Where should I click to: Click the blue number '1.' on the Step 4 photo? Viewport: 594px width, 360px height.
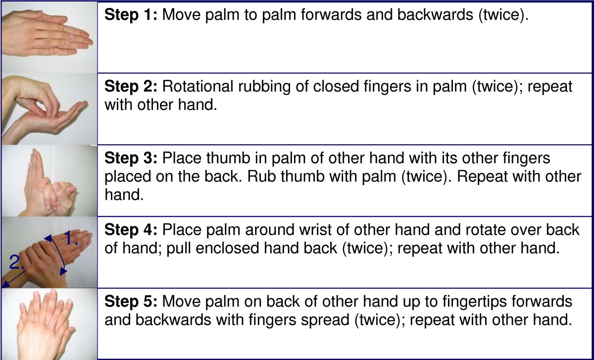click(x=72, y=240)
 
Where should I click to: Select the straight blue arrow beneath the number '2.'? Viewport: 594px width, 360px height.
click(x=13, y=277)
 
